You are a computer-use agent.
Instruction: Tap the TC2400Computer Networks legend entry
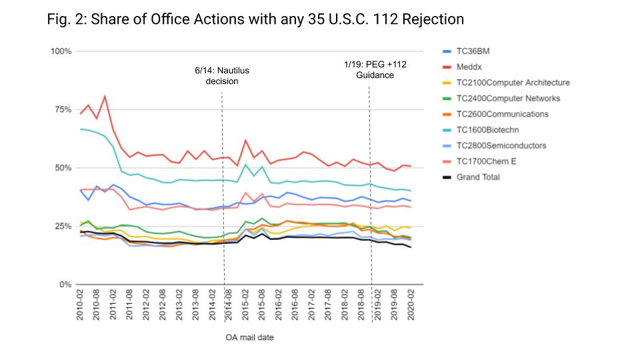click(x=509, y=99)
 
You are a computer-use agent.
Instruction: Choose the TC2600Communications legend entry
click(x=503, y=114)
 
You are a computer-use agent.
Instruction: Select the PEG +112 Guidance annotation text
click(x=375, y=69)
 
